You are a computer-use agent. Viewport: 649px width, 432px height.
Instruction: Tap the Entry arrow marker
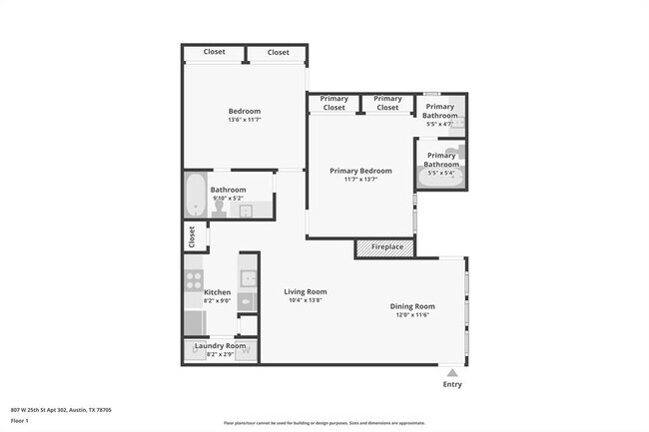tap(452, 372)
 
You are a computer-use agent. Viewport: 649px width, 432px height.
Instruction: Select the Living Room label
tap(305, 292)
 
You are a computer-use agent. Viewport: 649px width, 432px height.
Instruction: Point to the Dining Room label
tap(411, 306)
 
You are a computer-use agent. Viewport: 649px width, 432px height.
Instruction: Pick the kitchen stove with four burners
tap(194, 279)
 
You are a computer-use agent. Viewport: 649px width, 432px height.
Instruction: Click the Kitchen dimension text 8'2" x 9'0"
tap(218, 300)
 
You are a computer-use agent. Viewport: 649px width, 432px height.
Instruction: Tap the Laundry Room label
tap(220, 345)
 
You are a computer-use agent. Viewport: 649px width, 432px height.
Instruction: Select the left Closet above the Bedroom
tap(214, 52)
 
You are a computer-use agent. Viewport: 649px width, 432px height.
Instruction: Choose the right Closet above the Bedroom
tap(278, 52)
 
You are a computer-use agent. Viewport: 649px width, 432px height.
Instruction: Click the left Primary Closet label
tap(333, 103)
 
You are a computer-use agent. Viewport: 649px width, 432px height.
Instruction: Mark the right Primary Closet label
tap(387, 103)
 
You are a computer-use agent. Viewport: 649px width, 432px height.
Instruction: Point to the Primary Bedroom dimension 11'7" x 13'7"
tap(360, 180)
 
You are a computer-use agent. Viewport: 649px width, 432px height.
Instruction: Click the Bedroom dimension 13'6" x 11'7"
tap(244, 120)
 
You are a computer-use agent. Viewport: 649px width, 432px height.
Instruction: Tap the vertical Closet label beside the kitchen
tap(191, 236)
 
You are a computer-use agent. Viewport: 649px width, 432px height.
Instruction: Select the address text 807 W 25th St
tap(60, 409)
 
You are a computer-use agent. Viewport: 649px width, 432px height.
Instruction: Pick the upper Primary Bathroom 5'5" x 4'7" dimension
tap(440, 125)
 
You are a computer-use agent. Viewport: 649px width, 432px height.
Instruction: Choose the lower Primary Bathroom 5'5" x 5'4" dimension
tap(440, 174)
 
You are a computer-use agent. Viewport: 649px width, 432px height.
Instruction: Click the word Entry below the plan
tap(452, 384)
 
